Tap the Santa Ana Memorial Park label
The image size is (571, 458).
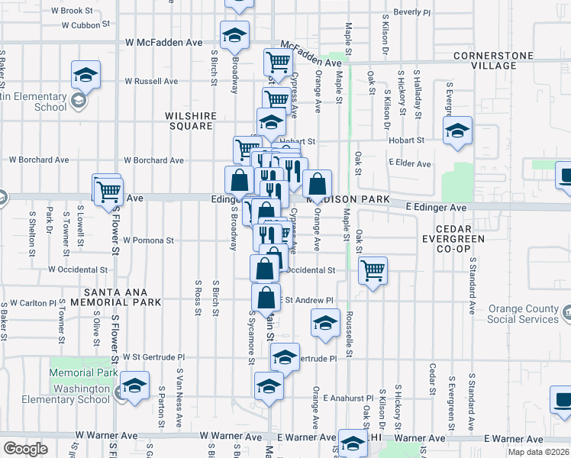coord(123,296)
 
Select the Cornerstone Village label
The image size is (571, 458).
coord(495,60)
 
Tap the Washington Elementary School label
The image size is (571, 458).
coord(72,393)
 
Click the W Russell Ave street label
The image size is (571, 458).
coord(151,81)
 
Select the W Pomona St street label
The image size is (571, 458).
coord(148,240)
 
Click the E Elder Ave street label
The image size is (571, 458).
coord(409,163)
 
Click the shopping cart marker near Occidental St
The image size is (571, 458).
coord(373,270)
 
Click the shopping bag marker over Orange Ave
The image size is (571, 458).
coord(317,183)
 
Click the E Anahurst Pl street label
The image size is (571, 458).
coord(347,398)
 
